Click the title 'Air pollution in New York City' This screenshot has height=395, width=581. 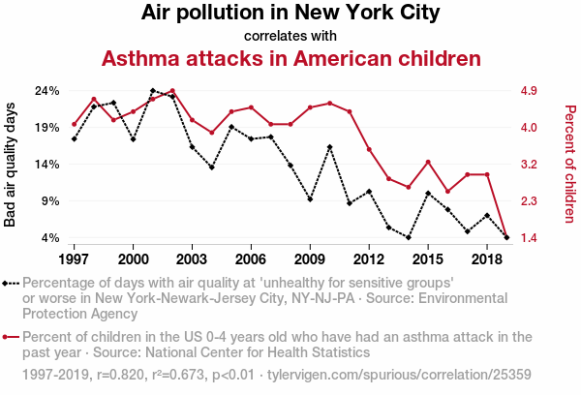(290, 14)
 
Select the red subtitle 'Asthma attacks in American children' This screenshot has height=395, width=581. (290, 58)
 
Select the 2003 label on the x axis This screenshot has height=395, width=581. (192, 260)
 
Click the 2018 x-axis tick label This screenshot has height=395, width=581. (486, 260)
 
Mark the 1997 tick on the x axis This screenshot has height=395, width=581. (74, 260)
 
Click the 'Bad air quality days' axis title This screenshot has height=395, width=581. (11, 165)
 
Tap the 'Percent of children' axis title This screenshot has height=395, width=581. (569, 165)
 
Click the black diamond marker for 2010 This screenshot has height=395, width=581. (329, 147)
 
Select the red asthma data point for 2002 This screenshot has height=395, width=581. (172, 91)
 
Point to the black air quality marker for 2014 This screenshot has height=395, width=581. (408, 237)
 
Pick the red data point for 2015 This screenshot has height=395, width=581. (428, 162)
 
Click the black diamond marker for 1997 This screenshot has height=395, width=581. (74, 139)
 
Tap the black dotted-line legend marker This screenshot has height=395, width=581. (11, 284)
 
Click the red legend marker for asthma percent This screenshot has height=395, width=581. (11, 338)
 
